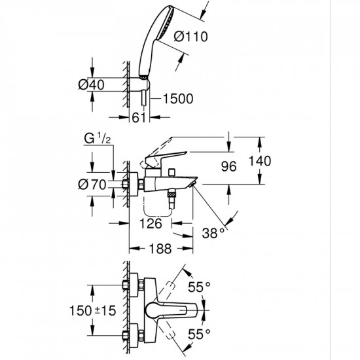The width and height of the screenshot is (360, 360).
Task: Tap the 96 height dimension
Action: coord(228,166)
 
